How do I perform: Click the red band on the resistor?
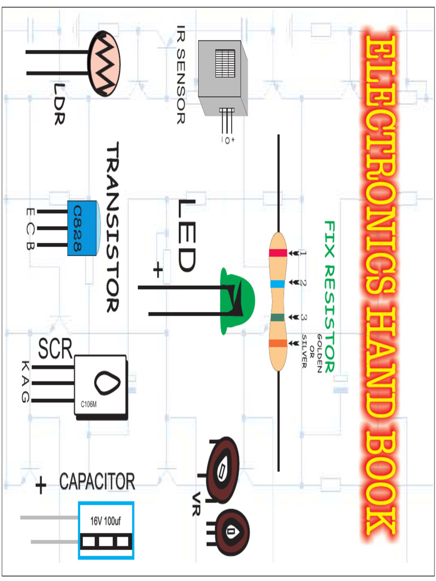[278, 253]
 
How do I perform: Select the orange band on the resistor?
[278, 343]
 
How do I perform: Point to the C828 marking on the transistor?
[77, 229]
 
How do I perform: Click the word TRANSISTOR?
[112, 227]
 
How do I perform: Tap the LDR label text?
[59, 104]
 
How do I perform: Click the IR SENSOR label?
[180, 74]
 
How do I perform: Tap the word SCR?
[55, 350]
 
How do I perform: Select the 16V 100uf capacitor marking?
[106, 520]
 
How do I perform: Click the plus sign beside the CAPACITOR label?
[41, 486]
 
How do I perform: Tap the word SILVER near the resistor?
[304, 351]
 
